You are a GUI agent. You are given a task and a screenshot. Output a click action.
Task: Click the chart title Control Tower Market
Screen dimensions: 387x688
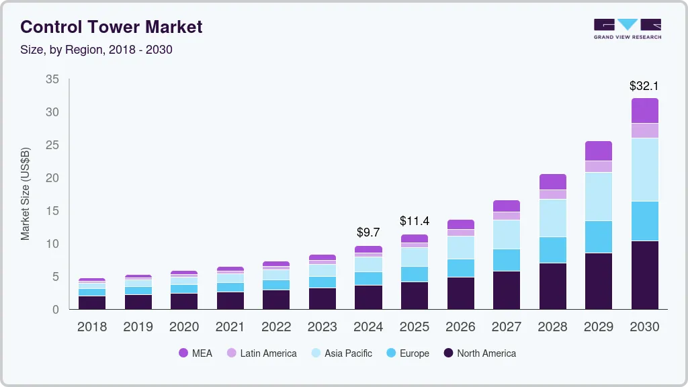point(111,27)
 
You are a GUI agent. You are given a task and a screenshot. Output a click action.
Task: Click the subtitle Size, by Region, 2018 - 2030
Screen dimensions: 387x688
point(96,50)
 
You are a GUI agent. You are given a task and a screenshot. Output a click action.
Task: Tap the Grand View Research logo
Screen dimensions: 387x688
point(627,28)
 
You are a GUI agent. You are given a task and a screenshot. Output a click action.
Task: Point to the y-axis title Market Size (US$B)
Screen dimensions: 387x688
point(26,193)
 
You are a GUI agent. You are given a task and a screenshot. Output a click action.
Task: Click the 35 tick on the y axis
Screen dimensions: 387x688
point(52,79)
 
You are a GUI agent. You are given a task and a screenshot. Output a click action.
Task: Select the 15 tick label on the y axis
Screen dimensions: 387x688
point(52,211)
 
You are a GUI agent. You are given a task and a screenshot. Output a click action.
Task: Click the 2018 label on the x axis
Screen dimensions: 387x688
point(91,327)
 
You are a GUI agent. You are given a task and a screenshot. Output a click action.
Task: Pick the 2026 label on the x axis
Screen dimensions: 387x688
point(460,327)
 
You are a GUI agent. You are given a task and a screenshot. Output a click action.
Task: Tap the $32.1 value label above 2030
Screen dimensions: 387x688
point(644,86)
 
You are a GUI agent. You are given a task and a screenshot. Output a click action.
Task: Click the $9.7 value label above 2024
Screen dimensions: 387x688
point(368,232)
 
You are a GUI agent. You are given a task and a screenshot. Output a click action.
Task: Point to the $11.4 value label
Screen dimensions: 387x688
point(415,221)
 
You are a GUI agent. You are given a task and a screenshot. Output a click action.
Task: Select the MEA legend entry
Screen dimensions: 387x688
point(195,353)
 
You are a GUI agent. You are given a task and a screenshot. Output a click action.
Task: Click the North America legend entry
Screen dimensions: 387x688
point(479,353)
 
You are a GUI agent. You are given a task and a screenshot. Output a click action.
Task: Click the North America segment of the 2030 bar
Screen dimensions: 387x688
point(644,275)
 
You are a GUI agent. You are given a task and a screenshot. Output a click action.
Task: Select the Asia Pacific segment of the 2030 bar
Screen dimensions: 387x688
point(644,169)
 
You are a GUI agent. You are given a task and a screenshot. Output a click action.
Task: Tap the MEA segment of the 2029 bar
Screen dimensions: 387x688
point(599,151)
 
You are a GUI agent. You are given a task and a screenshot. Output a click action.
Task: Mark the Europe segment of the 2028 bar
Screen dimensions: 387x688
point(552,249)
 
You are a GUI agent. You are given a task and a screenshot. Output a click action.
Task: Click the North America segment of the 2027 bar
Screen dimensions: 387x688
point(507,290)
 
